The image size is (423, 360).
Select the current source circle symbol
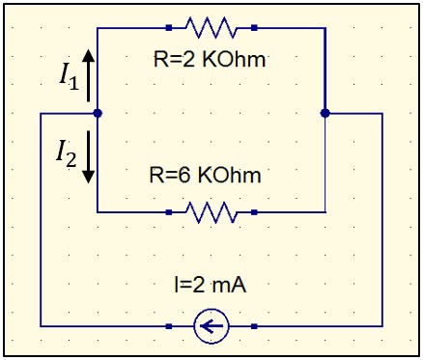[211, 327]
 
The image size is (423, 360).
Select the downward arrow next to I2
[89, 157]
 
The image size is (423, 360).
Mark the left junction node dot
[99, 113]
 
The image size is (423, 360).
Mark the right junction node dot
[324, 113]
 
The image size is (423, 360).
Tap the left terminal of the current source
[169, 327]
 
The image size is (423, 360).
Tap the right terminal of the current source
[254, 327]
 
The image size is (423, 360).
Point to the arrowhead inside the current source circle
[206, 327]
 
